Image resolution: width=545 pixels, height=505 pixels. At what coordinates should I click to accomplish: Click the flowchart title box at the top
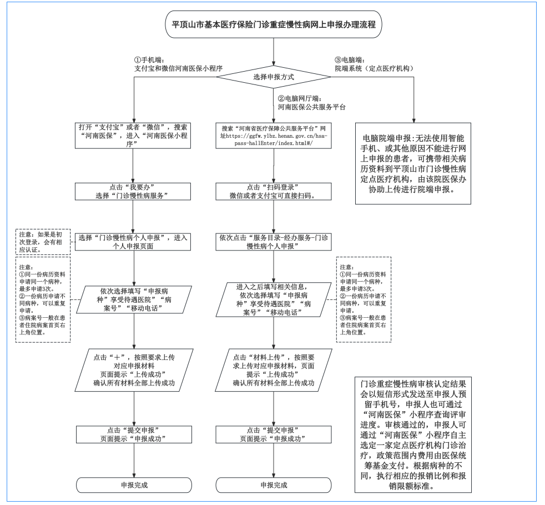click(x=274, y=26)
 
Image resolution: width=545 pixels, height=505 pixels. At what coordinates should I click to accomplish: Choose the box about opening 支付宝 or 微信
click(x=134, y=135)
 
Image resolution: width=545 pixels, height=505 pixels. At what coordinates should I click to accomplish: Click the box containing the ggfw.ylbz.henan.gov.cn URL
click(x=274, y=135)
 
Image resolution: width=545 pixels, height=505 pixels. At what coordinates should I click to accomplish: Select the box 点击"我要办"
click(x=134, y=191)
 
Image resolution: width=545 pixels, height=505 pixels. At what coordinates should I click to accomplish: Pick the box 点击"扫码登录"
click(x=274, y=191)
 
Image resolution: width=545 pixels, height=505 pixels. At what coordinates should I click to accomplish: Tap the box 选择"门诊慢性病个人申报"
click(x=134, y=242)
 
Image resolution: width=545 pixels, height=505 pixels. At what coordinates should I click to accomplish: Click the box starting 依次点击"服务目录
click(x=274, y=242)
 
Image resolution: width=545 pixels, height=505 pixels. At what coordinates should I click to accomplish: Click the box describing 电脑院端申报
click(x=413, y=162)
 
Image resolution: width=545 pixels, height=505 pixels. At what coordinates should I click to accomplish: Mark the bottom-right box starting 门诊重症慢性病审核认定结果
click(x=414, y=435)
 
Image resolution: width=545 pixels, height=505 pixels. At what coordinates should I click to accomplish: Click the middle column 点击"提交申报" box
click(x=274, y=434)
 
